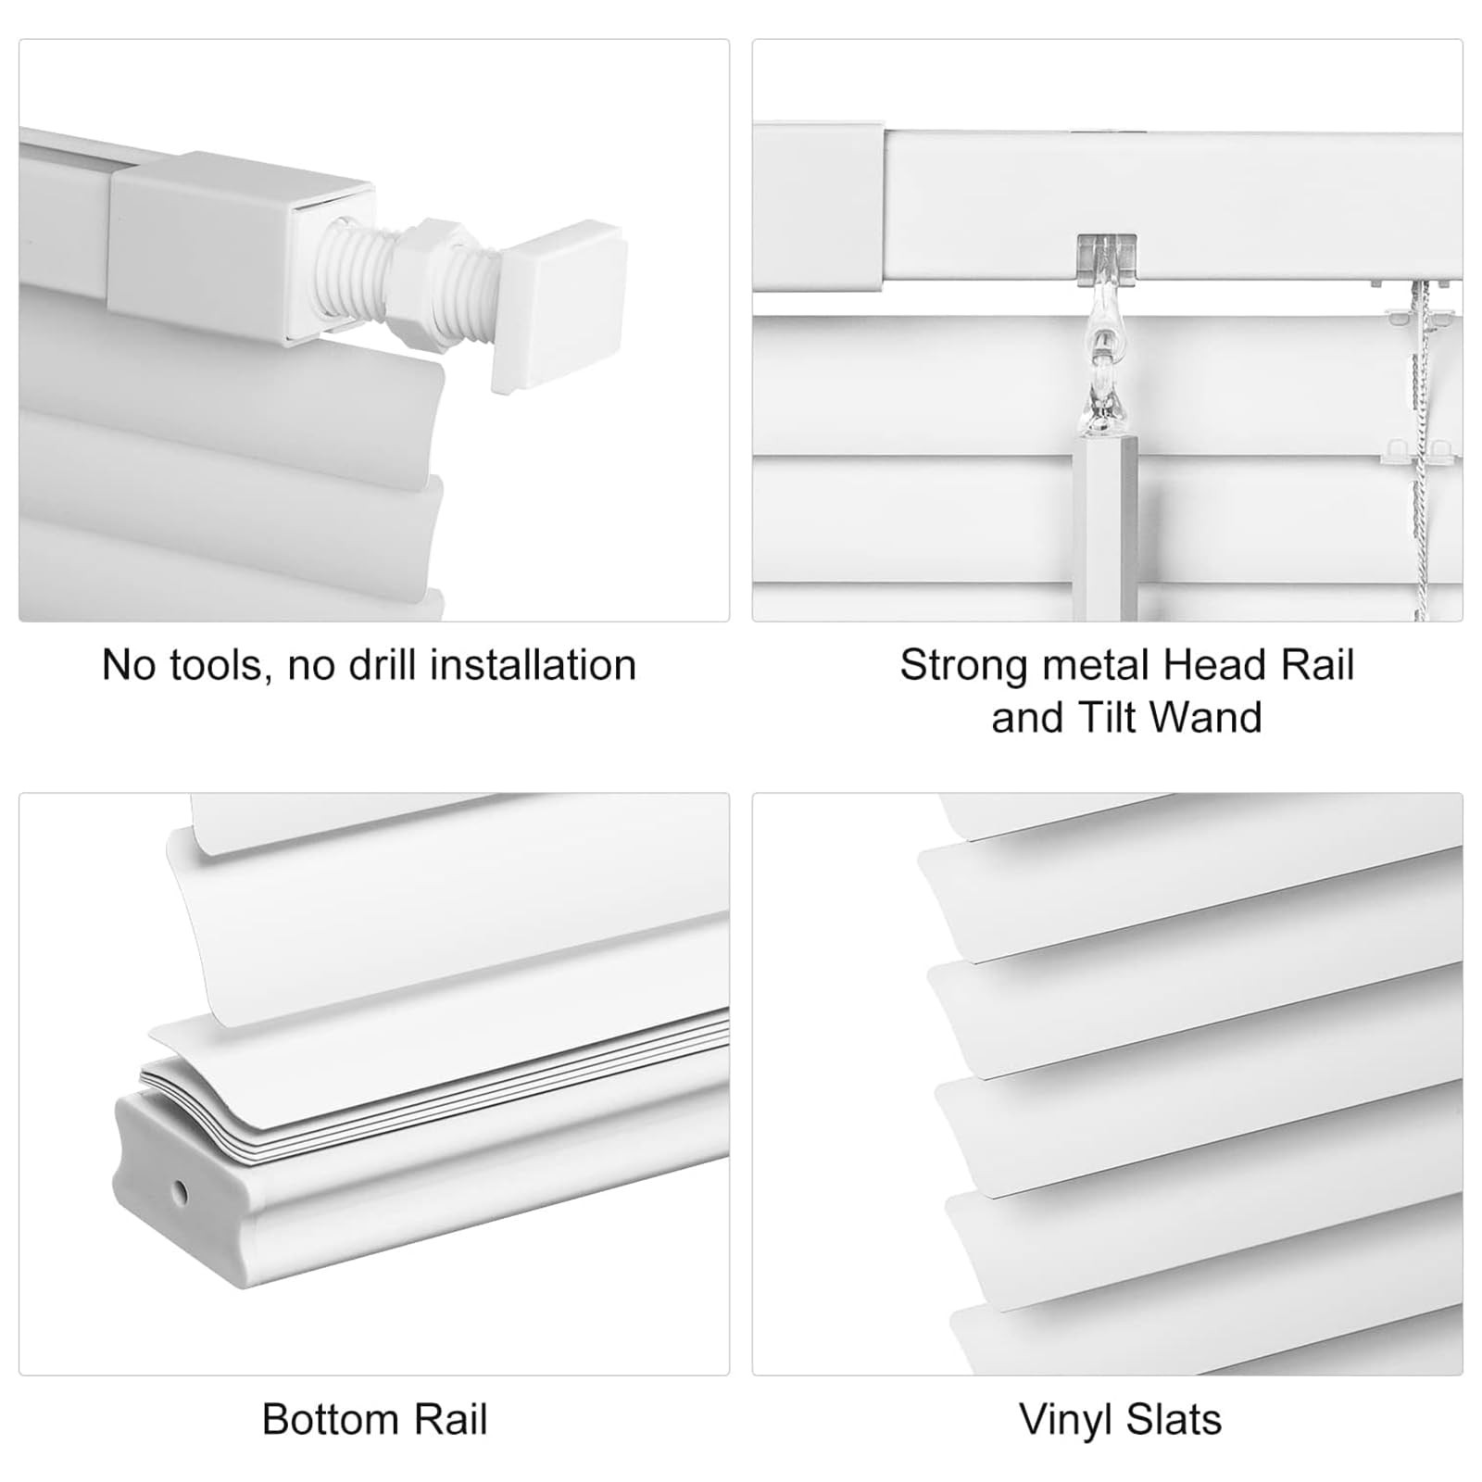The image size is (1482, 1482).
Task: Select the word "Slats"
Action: pyautogui.click(x=1174, y=1420)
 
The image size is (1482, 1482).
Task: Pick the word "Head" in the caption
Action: pyautogui.click(x=1208, y=665)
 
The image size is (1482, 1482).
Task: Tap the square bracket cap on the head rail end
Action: pyautogui.click(x=819, y=206)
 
